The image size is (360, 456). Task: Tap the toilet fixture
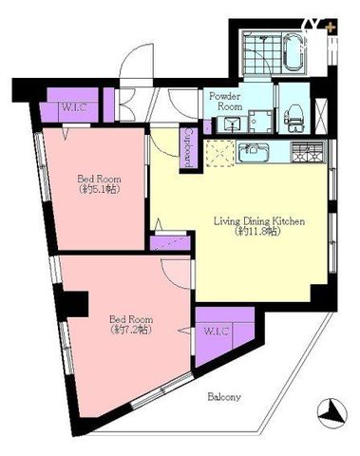tap(294, 119)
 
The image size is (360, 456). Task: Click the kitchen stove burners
tap(309, 152)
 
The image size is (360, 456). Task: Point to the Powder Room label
tap(225, 101)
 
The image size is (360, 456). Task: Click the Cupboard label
tap(188, 147)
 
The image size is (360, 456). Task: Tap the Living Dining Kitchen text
tap(259, 220)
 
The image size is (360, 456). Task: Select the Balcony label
tap(224, 396)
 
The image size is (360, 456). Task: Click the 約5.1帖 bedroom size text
tap(99, 189)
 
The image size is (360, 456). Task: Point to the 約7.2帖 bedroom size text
tap(131, 330)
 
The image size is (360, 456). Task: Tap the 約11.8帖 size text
tap(258, 232)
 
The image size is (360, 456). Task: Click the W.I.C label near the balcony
tap(217, 332)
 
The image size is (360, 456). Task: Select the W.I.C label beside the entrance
tap(74, 107)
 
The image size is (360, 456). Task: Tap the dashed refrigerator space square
tap(220, 153)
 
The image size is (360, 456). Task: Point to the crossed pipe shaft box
tap(321, 113)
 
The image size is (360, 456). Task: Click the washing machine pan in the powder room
tap(260, 122)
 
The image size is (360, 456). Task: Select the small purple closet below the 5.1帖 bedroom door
tap(170, 242)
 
